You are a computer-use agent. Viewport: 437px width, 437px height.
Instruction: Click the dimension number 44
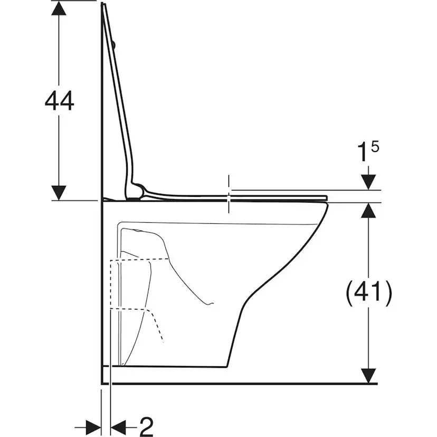point(59,101)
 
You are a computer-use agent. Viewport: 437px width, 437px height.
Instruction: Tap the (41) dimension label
point(369,291)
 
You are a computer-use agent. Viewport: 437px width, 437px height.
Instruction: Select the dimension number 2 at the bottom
point(147,426)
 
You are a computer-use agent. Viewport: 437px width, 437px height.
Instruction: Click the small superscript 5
point(375,147)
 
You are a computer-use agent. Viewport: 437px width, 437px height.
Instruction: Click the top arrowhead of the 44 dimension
point(59,8)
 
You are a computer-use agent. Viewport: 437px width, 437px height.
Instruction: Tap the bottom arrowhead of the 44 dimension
point(59,193)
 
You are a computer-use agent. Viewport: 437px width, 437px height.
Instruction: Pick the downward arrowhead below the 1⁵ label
point(368,182)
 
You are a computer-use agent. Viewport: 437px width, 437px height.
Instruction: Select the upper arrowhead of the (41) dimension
point(368,210)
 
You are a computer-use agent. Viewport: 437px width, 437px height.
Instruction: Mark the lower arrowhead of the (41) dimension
point(368,376)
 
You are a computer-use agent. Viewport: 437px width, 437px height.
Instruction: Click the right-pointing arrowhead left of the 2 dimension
point(93,426)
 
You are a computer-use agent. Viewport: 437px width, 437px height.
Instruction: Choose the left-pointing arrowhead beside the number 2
point(118,426)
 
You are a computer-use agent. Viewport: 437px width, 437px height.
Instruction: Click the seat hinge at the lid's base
point(137,191)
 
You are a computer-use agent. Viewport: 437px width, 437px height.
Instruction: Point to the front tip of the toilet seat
point(327,198)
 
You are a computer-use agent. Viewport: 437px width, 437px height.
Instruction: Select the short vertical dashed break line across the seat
point(229,194)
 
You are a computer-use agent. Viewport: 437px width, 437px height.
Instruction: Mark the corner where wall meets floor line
point(101,384)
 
